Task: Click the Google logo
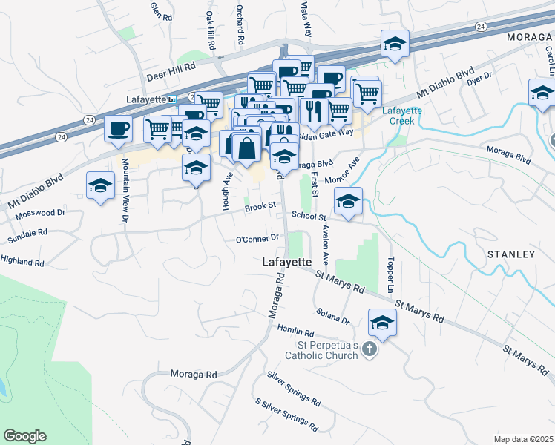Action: (x=24, y=436)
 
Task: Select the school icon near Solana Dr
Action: (x=382, y=323)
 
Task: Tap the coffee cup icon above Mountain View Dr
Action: (x=118, y=129)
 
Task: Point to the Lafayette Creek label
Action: (x=401, y=116)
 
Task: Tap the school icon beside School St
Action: (x=348, y=201)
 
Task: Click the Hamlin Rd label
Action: (x=296, y=330)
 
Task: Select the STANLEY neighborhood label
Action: (x=510, y=254)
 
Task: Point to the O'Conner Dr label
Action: (x=257, y=239)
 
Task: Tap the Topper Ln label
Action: (x=389, y=275)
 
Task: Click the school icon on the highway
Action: (x=395, y=44)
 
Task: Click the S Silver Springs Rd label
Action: (x=286, y=416)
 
